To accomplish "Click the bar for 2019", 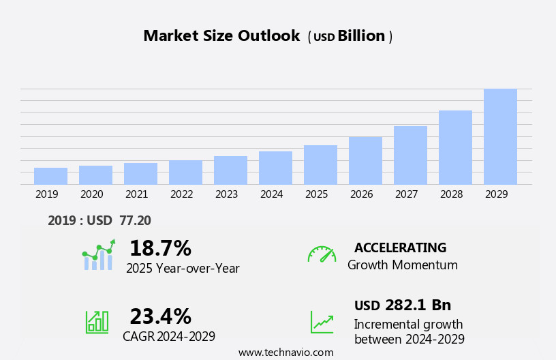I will (50, 176).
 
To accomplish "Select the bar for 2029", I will (500, 136).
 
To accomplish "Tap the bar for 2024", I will (275, 168).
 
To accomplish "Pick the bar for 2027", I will (410, 155).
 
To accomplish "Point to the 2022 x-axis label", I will (181, 194).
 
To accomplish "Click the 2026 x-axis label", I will (361, 194).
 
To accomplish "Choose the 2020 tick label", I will (91, 194).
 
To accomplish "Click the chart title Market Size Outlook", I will (221, 36).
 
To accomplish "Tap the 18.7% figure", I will (160, 248).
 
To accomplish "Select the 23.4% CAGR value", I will (160, 316).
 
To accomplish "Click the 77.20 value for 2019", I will (135, 220).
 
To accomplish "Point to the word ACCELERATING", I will (400, 247).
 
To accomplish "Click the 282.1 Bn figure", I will (418, 305).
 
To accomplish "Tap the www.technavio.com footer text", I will (285, 352).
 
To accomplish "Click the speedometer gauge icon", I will (322, 254).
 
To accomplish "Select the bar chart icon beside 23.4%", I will (97, 321).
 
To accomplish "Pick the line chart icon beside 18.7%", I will (98, 255).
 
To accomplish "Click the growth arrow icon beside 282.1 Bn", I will (322, 322).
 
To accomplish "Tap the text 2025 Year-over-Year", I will (183, 269).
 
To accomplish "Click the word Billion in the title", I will (361, 36).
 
